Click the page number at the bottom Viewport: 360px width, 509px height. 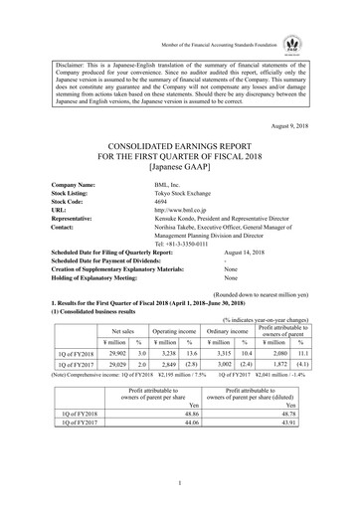[x=180, y=484]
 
